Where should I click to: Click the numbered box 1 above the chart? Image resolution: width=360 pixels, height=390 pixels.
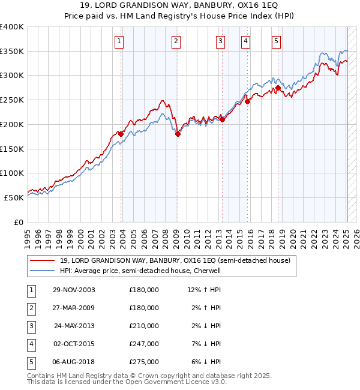click(x=119, y=41)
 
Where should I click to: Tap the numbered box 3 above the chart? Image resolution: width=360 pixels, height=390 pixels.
click(x=220, y=41)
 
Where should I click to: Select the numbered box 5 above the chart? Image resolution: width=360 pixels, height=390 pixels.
click(x=276, y=41)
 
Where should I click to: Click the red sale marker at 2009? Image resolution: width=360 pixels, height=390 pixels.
click(x=178, y=134)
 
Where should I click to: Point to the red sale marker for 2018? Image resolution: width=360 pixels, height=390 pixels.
click(x=278, y=88)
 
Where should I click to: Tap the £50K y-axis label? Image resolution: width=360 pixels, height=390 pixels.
click(x=14, y=197)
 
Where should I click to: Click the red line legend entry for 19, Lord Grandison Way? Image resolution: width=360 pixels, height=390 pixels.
click(x=175, y=260)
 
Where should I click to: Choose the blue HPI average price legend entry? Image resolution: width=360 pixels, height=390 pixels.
click(x=140, y=271)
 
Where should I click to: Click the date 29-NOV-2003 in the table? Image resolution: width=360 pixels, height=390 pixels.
click(x=74, y=290)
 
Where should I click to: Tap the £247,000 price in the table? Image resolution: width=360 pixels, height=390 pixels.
click(x=144, y=344)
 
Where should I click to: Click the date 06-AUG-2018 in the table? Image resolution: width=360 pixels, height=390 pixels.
click(x=74, y=362)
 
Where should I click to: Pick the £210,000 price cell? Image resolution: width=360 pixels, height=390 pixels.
click(x=144, y=326)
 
